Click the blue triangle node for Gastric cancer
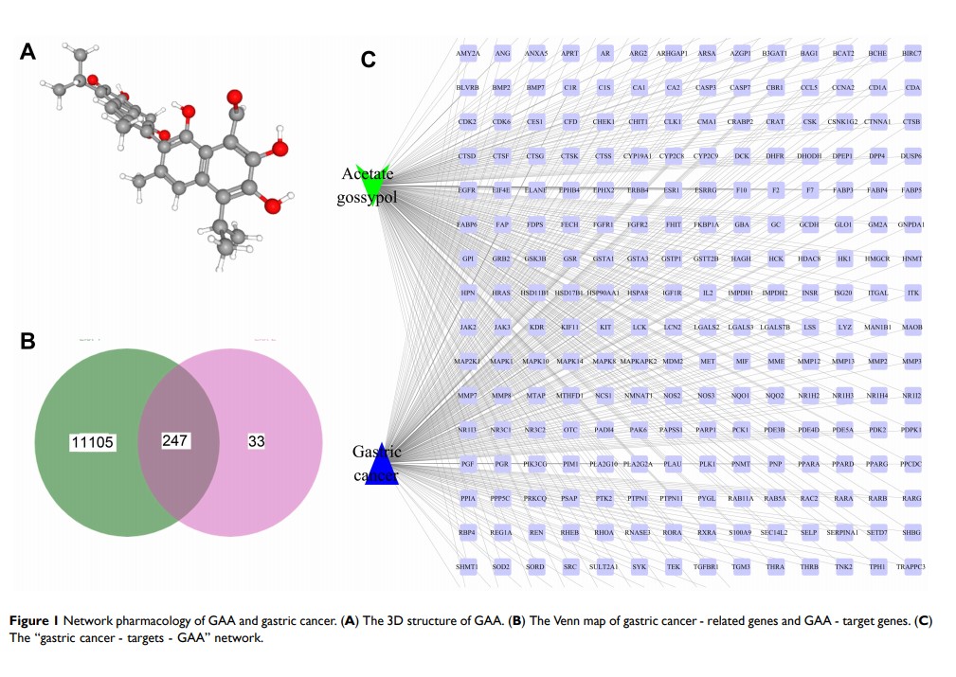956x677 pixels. tap(380, 465)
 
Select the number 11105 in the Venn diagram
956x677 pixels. tap(92, 441)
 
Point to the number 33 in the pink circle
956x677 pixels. tap(256, 440)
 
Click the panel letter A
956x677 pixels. tap(27, 53)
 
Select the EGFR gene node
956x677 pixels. tap(467, 190)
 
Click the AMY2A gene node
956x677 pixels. tap(467, 53)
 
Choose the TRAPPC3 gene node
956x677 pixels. tap(911, 566)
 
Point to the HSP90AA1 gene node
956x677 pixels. tap(603, 293)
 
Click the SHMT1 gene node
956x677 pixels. tap(467, 566)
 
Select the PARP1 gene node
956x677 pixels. tap(706, 430)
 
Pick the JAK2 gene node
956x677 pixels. tap(467, 328)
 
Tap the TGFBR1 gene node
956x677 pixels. tap(706, 566)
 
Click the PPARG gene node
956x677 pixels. tap(877, 464)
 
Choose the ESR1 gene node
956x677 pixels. tap(672, 190)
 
